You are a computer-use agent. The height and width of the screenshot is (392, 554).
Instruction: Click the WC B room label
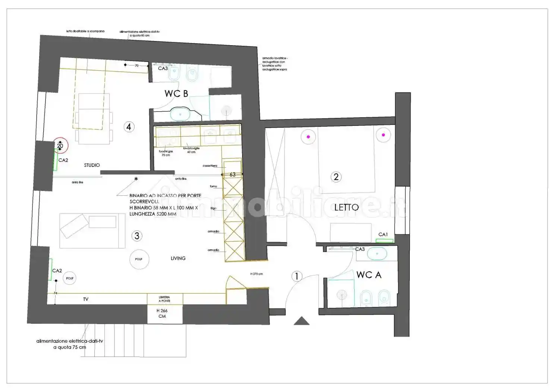176,94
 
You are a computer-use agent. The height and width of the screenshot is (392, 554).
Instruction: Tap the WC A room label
368,275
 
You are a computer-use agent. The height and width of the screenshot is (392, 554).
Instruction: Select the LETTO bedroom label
346,208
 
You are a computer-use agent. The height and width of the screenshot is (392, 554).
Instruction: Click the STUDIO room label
92,165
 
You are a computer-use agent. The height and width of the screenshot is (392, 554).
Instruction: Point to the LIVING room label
178,258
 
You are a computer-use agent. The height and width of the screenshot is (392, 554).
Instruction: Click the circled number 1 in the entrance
297,276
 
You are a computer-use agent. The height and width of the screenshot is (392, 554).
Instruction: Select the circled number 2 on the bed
336,177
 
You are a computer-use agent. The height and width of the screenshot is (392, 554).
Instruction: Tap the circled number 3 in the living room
137,236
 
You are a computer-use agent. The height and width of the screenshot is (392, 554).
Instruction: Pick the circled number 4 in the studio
129,127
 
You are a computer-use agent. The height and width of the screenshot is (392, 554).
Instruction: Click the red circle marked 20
60,146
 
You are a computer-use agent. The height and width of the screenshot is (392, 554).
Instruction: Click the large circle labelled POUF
139,259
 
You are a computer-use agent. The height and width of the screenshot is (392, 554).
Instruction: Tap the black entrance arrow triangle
301,321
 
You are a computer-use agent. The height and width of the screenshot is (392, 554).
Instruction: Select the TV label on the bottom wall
86,299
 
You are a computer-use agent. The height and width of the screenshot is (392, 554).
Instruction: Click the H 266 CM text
162,313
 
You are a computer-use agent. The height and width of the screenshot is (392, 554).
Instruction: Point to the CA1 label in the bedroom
383,234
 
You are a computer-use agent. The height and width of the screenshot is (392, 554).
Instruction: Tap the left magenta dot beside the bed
308,137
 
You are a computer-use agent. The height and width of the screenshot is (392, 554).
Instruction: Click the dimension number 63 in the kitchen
233,175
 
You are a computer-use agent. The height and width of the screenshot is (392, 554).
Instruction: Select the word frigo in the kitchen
213,208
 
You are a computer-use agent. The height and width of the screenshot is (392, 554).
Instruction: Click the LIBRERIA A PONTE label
164,299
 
